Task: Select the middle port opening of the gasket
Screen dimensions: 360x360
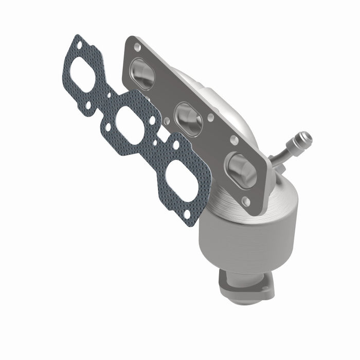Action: click(x=130, y=125)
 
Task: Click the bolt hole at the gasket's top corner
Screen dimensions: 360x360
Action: click(x=79, y=45)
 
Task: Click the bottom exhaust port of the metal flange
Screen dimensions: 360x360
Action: click(x=241, y=170)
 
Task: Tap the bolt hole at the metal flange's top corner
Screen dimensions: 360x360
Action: click(x=137, y=47)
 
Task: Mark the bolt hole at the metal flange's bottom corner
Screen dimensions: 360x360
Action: click(x=246, y=203)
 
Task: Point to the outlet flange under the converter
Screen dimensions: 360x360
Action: click(x=242, y=285)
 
